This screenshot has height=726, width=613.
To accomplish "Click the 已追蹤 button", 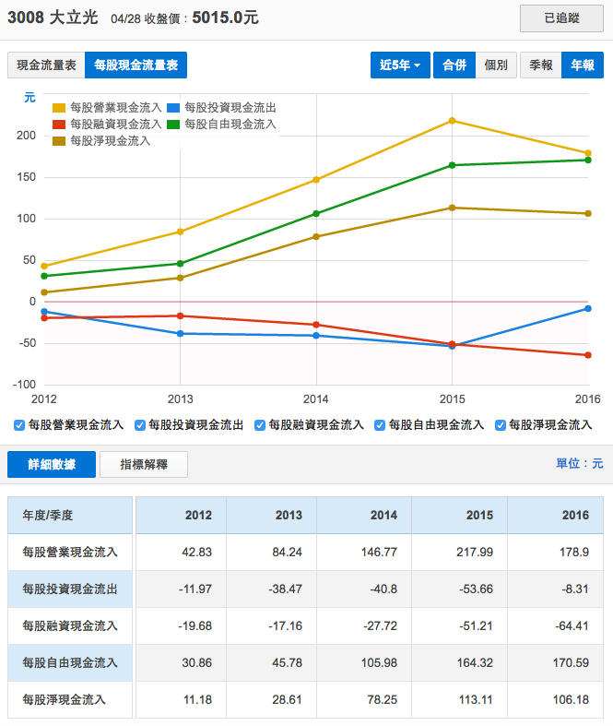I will [561, 18].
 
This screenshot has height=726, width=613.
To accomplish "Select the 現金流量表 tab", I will [45, 65].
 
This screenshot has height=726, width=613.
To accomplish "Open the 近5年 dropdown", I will [399, 65].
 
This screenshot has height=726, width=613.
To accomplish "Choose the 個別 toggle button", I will [495, 65].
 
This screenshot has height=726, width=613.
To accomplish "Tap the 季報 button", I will [541, 65].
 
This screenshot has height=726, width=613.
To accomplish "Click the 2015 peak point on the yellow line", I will [452, 121].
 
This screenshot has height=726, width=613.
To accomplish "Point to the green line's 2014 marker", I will [316, 214].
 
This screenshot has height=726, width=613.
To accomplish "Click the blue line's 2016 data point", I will [588, 309].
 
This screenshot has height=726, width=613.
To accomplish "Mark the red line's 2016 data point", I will [588, 355].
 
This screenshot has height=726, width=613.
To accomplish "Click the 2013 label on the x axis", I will [180, 399].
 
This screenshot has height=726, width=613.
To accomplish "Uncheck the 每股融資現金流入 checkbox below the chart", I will [261, 425].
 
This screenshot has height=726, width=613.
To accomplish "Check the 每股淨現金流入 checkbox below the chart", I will [501, 425].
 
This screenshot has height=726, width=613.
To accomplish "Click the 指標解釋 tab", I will [143, 464].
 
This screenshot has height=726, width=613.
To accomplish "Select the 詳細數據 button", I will [52, 464].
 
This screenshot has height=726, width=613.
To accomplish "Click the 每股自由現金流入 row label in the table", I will [70, 662].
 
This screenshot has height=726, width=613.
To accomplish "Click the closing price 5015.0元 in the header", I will [225, 18].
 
